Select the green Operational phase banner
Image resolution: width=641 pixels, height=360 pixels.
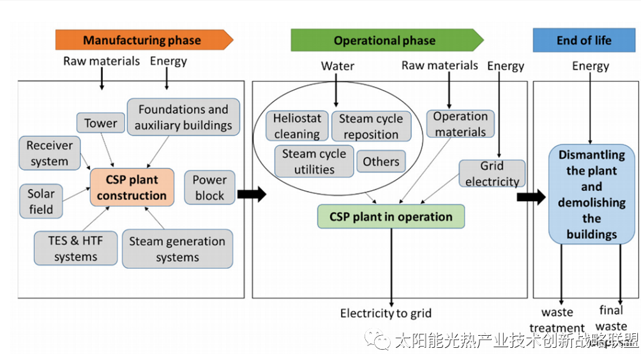(385, 40)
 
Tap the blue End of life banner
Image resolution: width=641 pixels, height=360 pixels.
(584, 40)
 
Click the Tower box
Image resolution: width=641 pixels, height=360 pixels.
(101, 123)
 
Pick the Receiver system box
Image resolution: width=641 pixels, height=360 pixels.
(50, 153)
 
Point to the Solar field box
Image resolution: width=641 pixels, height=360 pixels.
(41, 201)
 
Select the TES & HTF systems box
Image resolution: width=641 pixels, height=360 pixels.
(75, 248)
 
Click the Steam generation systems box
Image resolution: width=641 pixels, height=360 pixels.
(177, 249)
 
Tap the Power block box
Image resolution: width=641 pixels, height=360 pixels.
(209, 188)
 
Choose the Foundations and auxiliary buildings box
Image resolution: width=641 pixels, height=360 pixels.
(183, 117)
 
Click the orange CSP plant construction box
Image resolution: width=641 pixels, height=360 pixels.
(132, 188)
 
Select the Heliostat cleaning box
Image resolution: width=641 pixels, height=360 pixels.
(297, 126)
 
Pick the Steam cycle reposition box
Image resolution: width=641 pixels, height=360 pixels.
(371, 126)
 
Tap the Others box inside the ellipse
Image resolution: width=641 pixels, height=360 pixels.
(381, 161)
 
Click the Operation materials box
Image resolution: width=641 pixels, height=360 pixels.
(460, 124)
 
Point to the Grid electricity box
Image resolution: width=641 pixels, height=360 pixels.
(492, 174)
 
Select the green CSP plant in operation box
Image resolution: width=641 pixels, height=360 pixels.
(391, 217)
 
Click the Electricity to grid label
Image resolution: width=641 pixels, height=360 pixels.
(386, 313)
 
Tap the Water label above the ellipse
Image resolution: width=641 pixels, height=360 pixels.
(337, 66)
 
